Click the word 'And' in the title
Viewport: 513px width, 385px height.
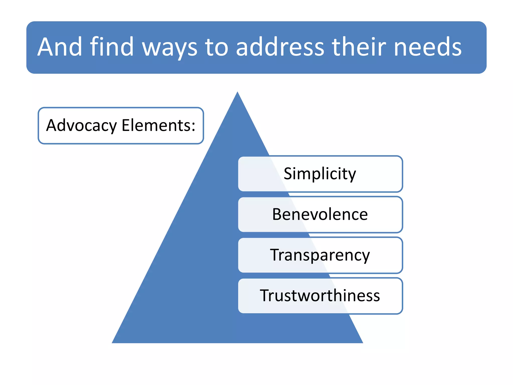click(60, 47)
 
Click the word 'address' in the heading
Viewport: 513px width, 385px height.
click(280, 47)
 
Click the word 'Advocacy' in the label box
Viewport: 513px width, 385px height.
click(82, 126)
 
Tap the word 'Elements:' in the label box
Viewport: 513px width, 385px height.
click(158, 125)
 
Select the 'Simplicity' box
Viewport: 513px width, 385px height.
click(320, 174)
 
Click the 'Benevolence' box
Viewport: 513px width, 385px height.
click(320, 215)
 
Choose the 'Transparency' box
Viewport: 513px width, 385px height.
click(320, 255)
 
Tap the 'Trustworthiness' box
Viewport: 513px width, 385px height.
click(320, 296)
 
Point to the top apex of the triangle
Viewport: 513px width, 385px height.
click(237, 93)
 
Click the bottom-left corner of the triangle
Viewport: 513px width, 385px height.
click(113, 342)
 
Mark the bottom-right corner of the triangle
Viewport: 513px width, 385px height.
click(362, 342)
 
